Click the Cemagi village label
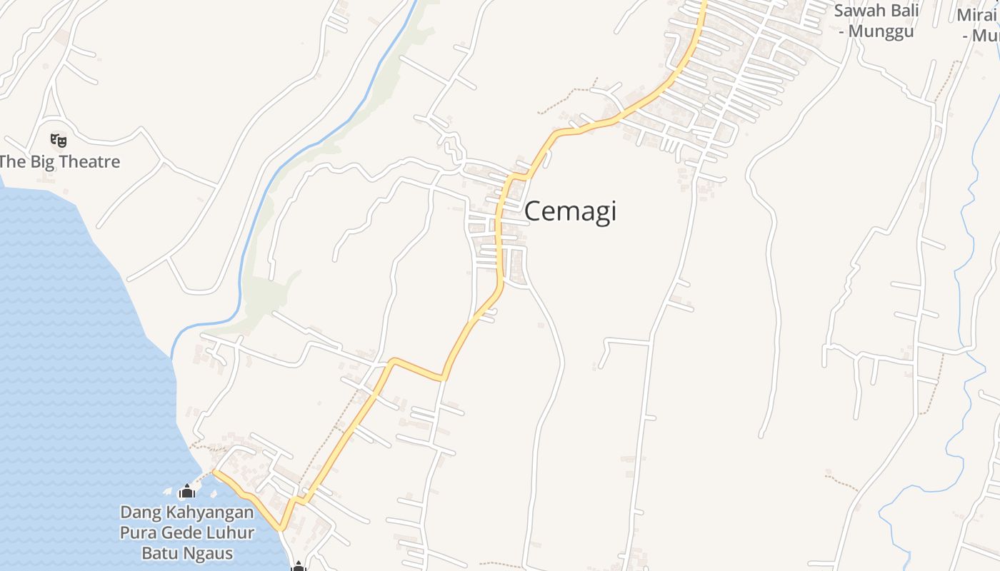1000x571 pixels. click(x=570, y=211)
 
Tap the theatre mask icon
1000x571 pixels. click(x=59, y=140)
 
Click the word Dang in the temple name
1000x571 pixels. click(x=141, y=512)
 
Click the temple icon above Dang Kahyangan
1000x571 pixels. click(x=187, y=491)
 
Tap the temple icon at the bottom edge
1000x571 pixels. click(x=298, y=567)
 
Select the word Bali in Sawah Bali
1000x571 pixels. click(x=902, y=11)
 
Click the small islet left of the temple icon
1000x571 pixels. click(x=168, y=492)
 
